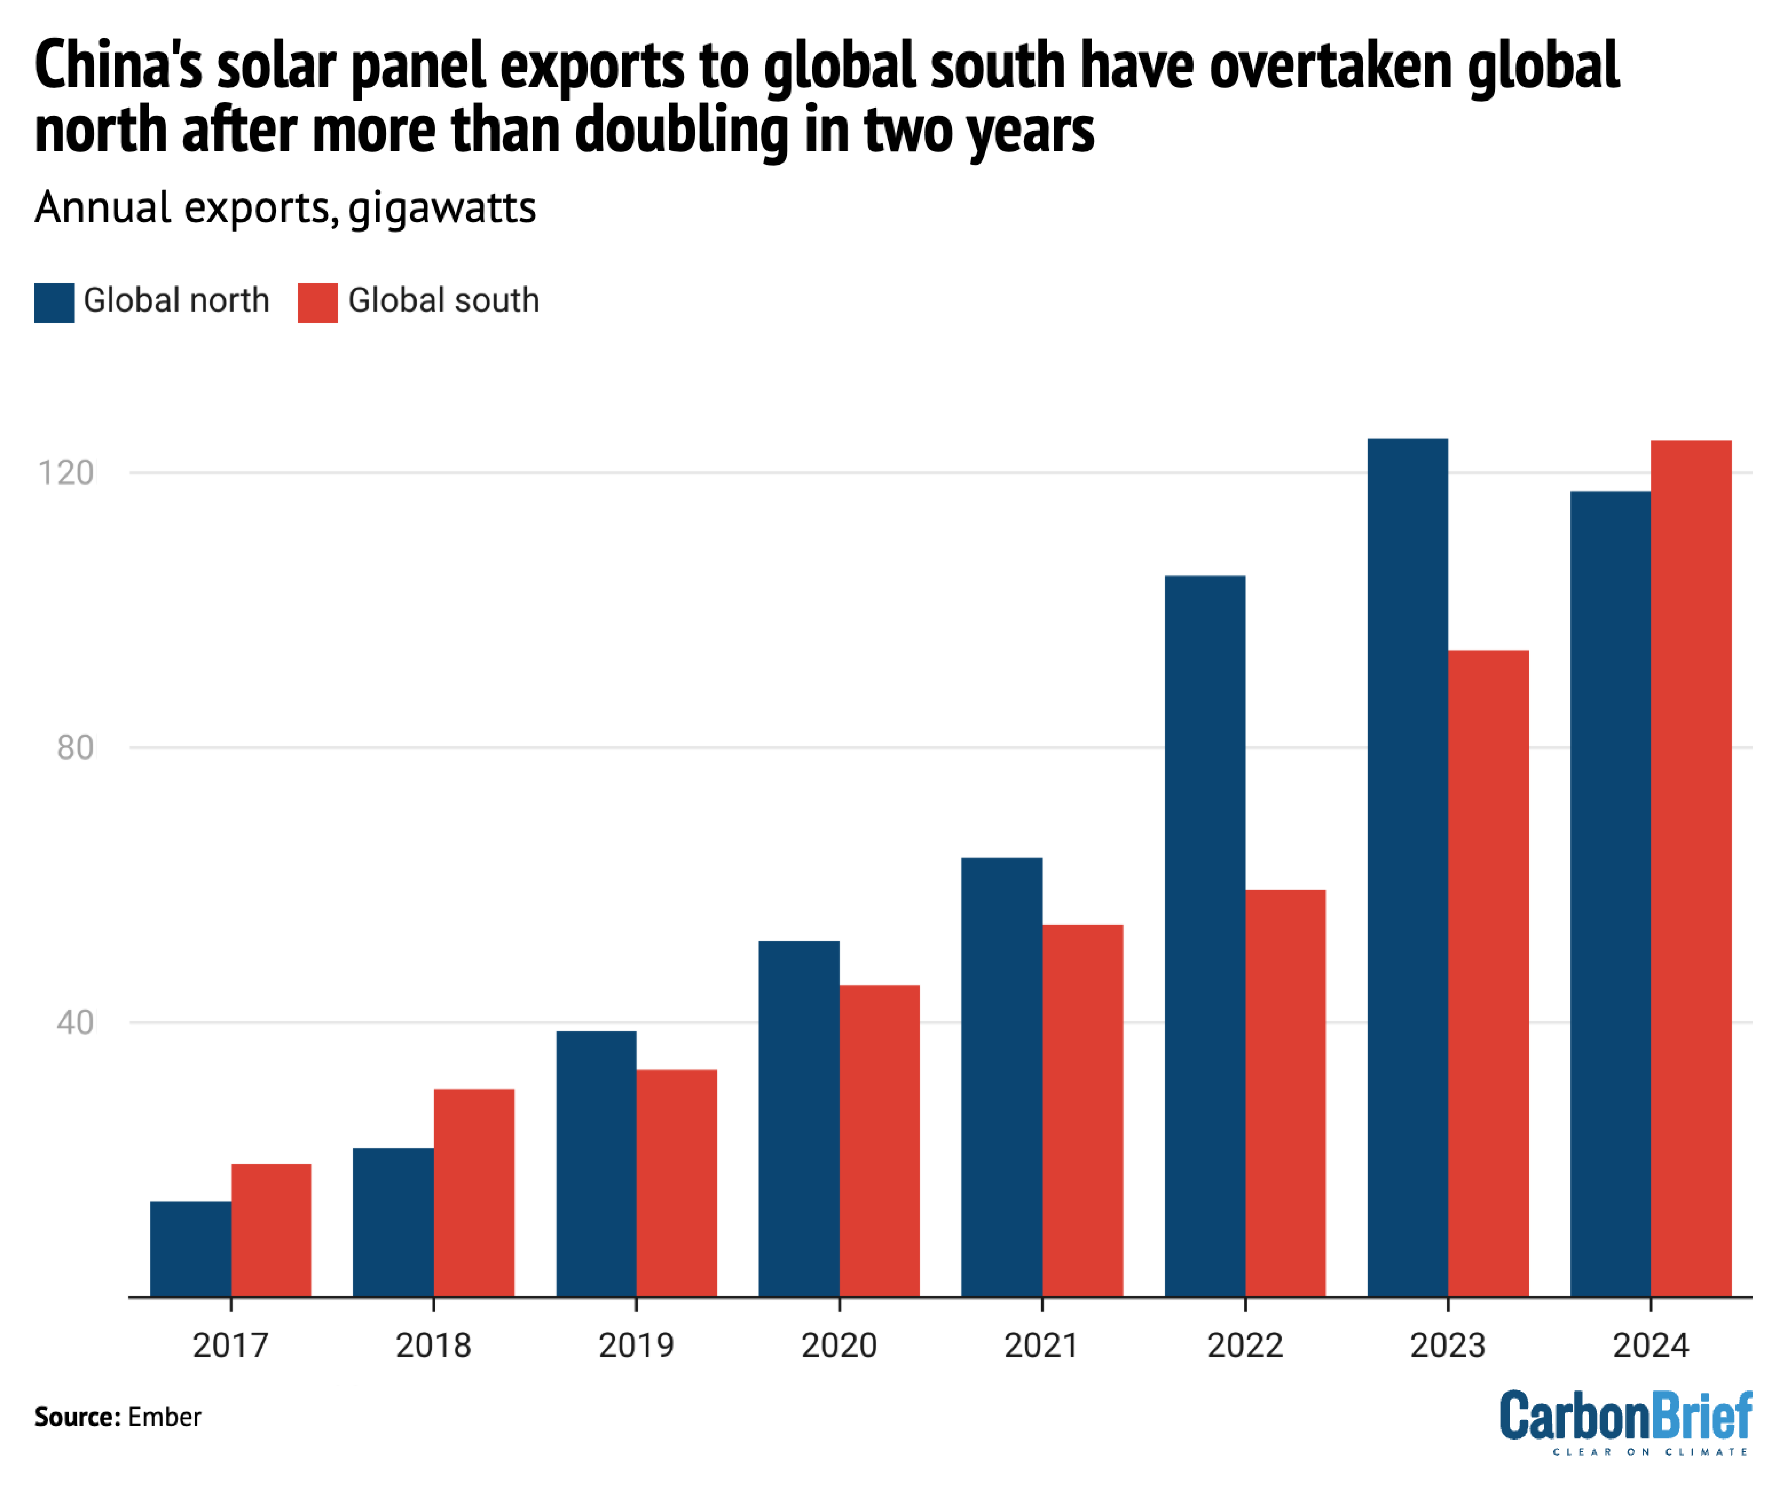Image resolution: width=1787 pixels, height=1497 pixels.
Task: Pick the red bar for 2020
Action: [x=879, y=1140]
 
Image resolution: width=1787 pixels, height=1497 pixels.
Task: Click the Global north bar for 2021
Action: [x=1002, y=1076]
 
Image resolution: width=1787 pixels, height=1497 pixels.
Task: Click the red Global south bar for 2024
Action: [x=1691, y=868]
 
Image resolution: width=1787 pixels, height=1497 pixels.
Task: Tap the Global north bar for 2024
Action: [x=1610, y=894]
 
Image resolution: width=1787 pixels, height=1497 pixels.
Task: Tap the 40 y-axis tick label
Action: [x=75, y=1022]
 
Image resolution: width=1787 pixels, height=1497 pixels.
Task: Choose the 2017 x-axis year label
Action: [x=231, y=1345]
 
